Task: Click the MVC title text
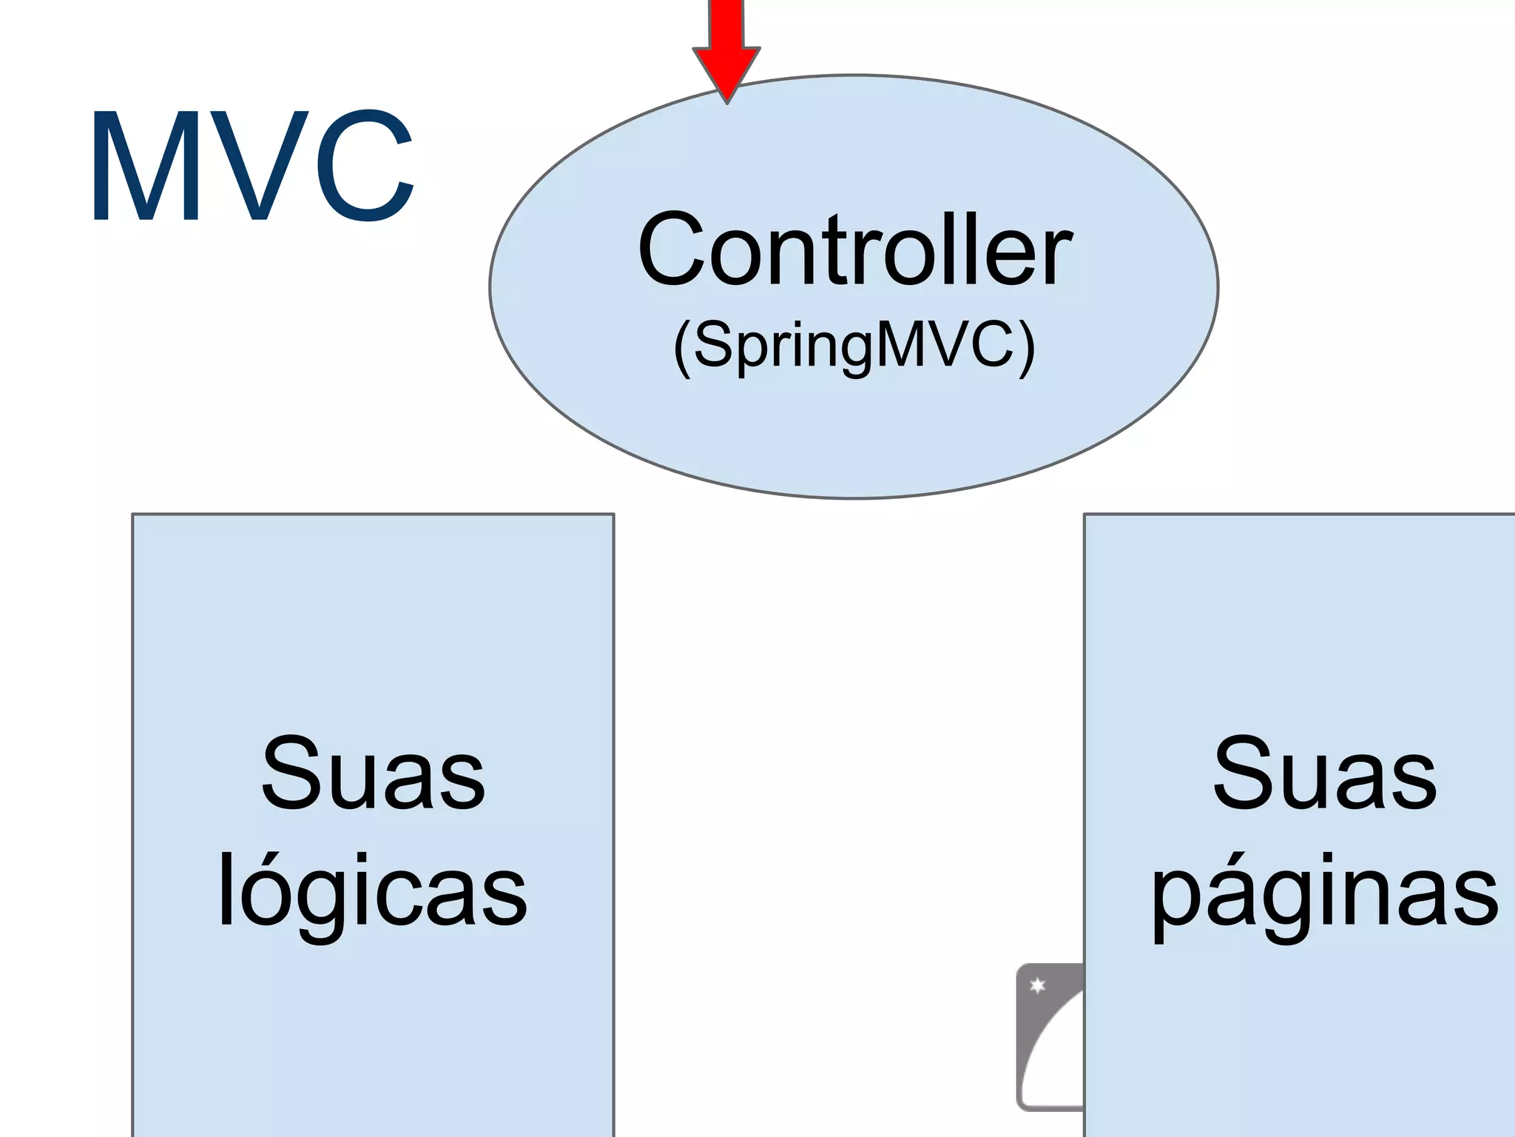pos(252,167)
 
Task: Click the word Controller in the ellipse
pos(854,249)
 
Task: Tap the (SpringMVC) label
pos(854,346)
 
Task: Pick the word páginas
pos(1324,892)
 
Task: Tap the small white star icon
pos(1038,985)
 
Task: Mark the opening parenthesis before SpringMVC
pos(681,348)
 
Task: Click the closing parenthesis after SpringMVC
pos(1027,348)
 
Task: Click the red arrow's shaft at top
pos(726,22)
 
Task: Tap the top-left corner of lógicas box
pos(133,514)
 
